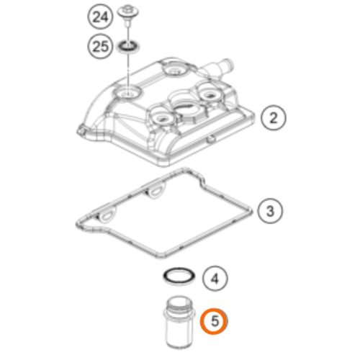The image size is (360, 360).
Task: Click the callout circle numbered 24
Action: [x=100, y=17]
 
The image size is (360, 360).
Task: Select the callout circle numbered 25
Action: [x=100, y=46]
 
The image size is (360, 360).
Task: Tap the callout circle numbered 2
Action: [x=274, y=118]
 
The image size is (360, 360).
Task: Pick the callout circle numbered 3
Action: [x=270, y=211]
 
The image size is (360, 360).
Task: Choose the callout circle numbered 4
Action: [x=215, y=279]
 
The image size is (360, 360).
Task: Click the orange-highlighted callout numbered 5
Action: [x=215, y=321]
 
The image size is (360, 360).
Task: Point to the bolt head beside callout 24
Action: [x=128, y=12]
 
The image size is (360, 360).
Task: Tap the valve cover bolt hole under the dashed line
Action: [x=127, y=93]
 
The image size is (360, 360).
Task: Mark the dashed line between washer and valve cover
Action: [x=129, y=71]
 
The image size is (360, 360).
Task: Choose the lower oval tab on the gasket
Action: [x=106, y=215]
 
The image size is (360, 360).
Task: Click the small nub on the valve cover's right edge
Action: [x=211, y=139]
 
